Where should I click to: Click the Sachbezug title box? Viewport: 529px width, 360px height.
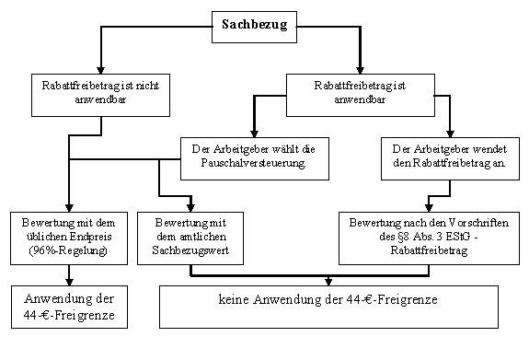[255, 25]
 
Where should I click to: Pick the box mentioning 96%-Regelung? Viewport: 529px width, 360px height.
[71, 234]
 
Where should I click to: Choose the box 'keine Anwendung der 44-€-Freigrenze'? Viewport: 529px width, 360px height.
[330, 305]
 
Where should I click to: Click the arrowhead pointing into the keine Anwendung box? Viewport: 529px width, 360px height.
[330, 281]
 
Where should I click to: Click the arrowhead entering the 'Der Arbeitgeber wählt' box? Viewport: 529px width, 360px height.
[244, 133]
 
